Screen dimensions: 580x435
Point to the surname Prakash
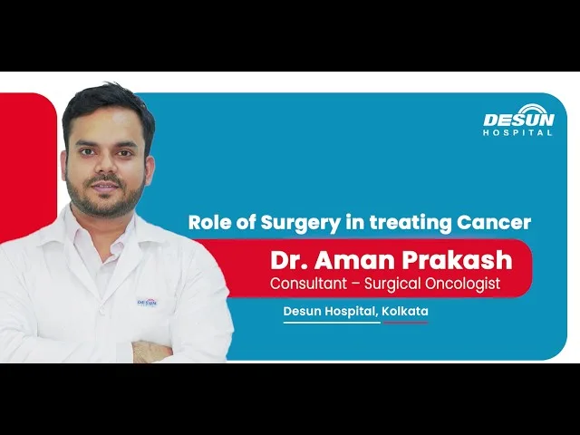[x=458, y=260]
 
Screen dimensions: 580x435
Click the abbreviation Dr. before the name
[x=289, y=260]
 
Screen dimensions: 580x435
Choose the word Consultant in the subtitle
[x=308, y=284]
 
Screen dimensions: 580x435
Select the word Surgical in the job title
[x=392, y=284]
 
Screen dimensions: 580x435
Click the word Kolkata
[x=405, y=311]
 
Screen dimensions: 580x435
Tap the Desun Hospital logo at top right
[x=518, y=121]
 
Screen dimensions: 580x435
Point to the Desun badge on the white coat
[x=147, y=303]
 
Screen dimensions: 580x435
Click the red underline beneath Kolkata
[x=405, y=323]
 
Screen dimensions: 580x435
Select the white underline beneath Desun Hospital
[x=332, y=323]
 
